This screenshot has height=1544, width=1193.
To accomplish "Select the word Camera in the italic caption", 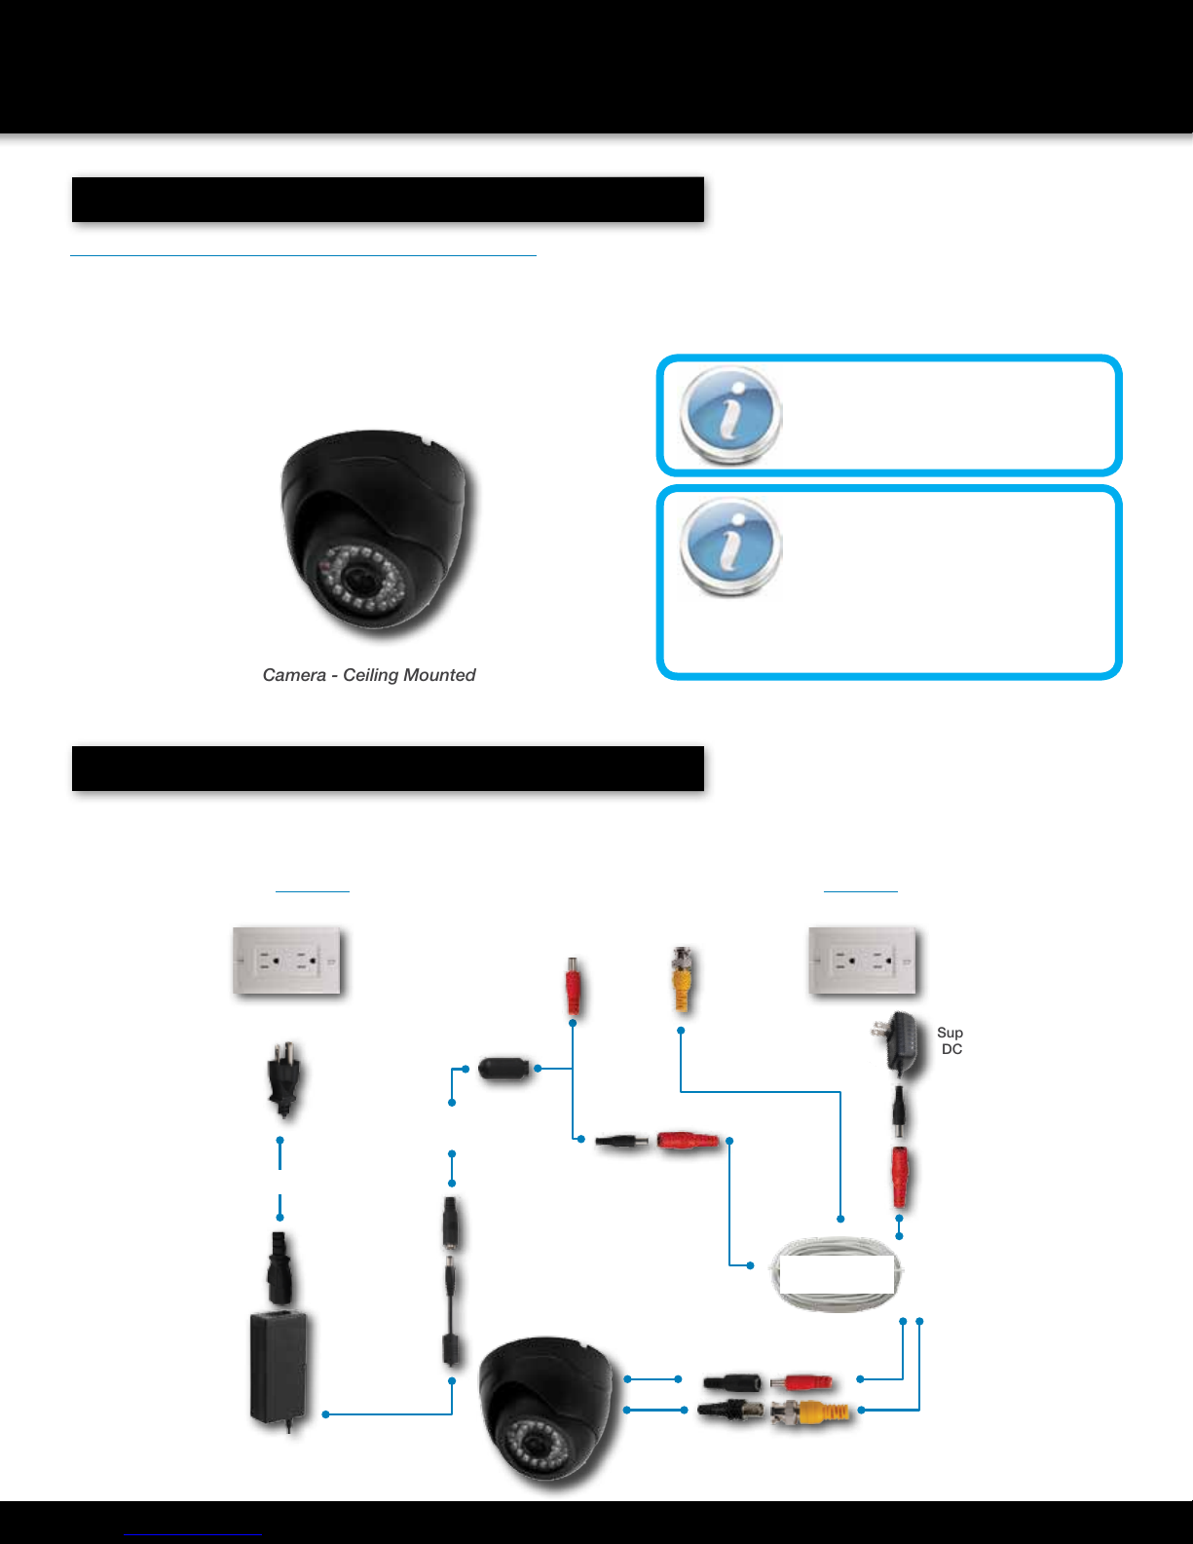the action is click(x=294, y=675).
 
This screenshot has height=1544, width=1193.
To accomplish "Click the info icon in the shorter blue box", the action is click(x=730, y=414).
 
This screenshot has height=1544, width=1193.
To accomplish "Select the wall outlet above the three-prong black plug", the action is click(x=286, y=960).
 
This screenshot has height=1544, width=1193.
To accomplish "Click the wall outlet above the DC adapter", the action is click(x=863, y=960).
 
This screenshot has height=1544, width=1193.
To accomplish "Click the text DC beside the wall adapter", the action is click(x=951, y=1049).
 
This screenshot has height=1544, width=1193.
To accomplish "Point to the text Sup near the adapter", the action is click(x=950, y=1033).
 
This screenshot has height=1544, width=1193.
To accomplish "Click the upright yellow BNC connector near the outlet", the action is click(x=681, y=980).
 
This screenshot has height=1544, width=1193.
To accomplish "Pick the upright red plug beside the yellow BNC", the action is click(x=573, y=986).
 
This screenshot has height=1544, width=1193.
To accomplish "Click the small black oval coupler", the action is click(x=503, y=1068).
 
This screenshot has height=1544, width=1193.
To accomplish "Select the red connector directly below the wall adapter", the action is click(x=900, y=1175).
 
